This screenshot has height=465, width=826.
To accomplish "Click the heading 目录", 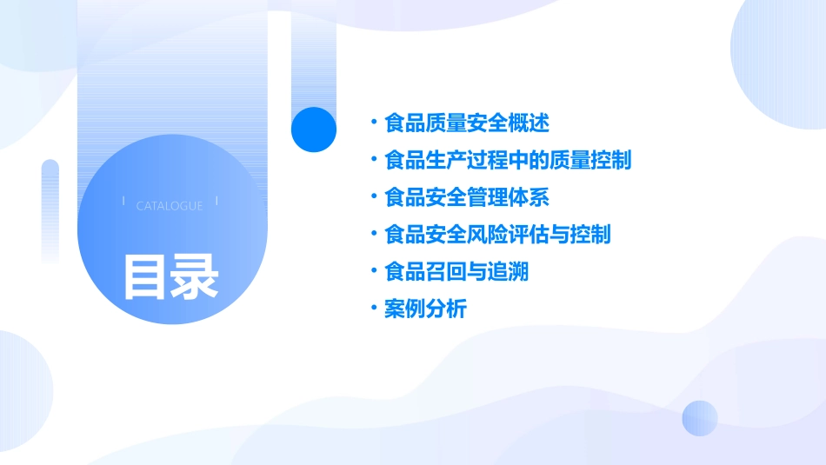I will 170,277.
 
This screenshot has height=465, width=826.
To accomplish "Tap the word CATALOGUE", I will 170,206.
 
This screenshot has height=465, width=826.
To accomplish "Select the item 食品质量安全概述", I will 466,123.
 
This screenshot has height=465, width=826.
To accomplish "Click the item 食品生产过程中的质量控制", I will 508,160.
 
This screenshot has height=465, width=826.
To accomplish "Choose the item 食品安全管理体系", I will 466,197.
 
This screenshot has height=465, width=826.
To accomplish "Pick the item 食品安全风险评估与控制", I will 497,235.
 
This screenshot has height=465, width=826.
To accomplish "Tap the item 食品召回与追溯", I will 456,272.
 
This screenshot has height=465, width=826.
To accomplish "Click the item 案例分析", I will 425,309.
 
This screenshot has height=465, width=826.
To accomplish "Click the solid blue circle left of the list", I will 314,130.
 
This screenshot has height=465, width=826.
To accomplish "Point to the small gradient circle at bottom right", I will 700,418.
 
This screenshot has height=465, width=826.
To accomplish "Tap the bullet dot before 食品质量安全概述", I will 373,122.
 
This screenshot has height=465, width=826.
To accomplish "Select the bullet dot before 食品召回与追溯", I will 373,271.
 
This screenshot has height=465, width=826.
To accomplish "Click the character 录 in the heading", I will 195,277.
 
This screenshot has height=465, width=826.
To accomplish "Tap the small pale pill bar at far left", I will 50,209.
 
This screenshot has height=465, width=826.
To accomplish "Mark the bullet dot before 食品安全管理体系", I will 373,196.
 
